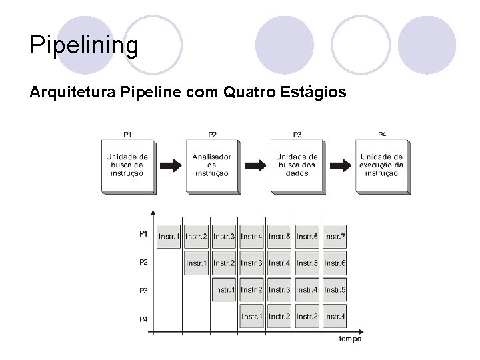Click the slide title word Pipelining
[84, 46]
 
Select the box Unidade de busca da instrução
[127, 165]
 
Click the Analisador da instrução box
[211, 165]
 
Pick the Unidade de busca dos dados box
[296, 165]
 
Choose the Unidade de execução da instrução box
[381, 165]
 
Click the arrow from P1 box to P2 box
[170, 165]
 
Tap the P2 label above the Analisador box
[212, 135]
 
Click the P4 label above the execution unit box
[382, 135]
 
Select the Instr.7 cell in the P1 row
[335, 237]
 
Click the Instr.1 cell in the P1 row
[169, 237]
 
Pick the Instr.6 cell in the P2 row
[335, 263]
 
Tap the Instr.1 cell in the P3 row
[224, 290]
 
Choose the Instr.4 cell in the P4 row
[335, 316]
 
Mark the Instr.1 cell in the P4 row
[251, 316]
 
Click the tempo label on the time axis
[350, 339]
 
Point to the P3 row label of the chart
[143, 291]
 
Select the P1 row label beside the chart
[143, 233]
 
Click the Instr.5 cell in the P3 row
[335, 290]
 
